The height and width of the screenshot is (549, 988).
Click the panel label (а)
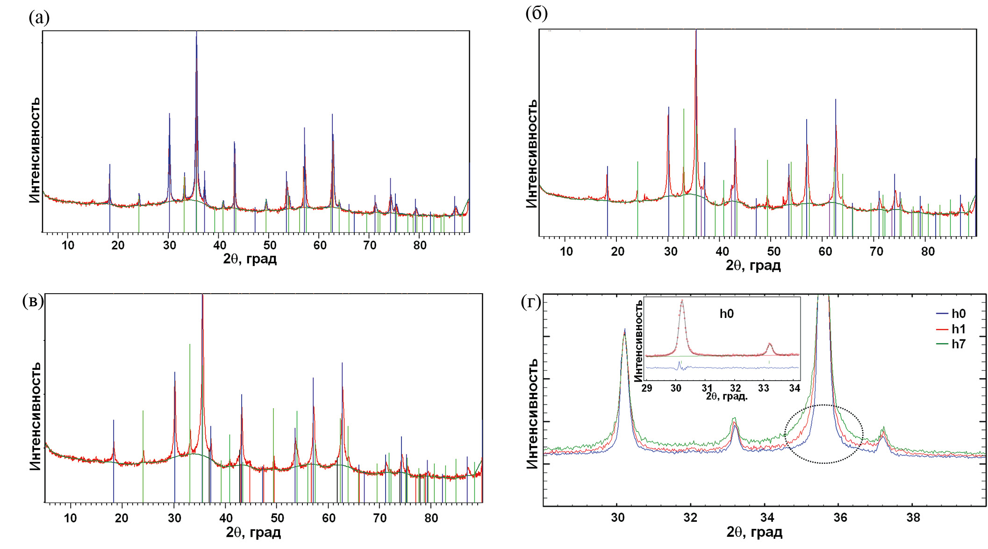click(39, 18)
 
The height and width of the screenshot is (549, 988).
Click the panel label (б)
click(536, 14)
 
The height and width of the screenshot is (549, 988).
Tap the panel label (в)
click(33, 301)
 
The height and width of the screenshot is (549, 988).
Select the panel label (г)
click(530, 303)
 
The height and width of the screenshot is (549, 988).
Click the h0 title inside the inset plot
click(726, 314)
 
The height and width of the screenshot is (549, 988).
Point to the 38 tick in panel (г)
click(913, 517)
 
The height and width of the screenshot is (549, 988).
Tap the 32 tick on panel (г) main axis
click(690, 517)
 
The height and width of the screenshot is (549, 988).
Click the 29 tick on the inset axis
click(647, 388)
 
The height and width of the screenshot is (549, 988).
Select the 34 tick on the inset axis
click(794, 388)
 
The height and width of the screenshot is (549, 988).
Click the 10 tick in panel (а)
click(68, 245)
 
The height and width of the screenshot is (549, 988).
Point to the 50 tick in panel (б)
click(773, 252)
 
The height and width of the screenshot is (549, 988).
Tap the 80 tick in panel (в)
click(431, 518)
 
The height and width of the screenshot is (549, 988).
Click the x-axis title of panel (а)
click(250, 259)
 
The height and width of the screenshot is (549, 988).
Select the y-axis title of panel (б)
click(531, 154)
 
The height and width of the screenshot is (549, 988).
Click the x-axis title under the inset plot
click(726, 397)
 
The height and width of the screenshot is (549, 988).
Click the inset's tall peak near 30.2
click(682, 301)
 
